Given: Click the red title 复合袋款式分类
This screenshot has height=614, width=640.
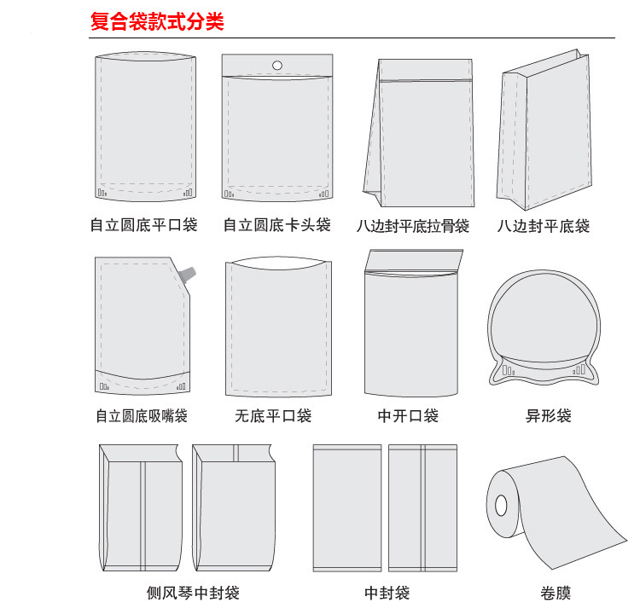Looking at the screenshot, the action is tap(157, 22).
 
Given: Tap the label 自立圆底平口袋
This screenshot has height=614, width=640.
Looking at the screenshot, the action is tap(143, 225).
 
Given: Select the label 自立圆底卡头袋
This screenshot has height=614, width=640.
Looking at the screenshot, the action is tap(276, 225).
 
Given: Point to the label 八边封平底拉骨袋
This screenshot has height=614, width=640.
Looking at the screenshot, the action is tap(413, 226).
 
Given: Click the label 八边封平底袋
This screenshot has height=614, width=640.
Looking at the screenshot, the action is tap(544, 226).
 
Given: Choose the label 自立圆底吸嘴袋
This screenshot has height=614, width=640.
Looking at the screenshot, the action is tap(142, 416).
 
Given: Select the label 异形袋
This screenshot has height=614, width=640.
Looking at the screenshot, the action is tap(548, 416).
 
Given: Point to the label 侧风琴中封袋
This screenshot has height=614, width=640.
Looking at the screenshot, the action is tap(193, 593).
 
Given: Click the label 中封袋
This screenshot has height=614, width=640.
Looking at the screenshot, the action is tap(387, 593).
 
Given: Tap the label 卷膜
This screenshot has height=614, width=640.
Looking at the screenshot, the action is tap(556, 593).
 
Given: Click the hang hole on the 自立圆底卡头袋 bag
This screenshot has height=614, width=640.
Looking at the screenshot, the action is tap(277, 65).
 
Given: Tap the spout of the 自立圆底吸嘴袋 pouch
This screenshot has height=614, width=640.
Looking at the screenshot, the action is tap(189, 274).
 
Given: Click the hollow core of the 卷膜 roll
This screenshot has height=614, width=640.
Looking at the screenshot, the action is tap(500, 502).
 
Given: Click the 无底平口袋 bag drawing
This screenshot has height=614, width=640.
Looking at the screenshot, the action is tap(278, 327).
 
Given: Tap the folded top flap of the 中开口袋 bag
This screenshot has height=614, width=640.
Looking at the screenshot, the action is tap(413, 259).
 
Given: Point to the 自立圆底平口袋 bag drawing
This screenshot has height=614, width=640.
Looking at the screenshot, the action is tap(145, 128).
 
